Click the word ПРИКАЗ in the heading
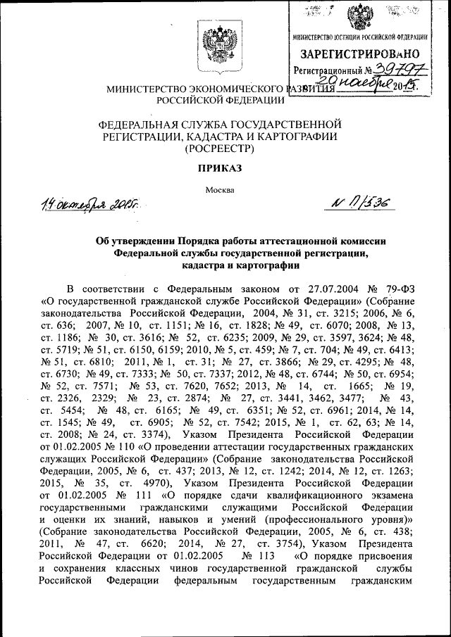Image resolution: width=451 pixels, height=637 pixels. click(223, 169)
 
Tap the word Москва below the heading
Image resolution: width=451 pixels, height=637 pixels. click(223, 189)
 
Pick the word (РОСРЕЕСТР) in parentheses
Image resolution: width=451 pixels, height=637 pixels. click(223, 149)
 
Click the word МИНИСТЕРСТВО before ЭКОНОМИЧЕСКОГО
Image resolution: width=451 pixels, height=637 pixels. click(149, 90)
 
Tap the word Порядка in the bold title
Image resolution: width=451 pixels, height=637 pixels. click(199, 241)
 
